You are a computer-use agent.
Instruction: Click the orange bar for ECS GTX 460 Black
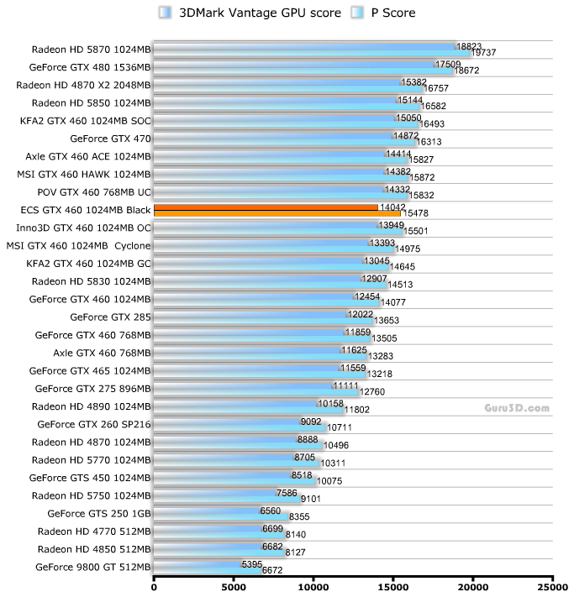tap(269, 210)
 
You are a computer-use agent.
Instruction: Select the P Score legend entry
tap(379, 13)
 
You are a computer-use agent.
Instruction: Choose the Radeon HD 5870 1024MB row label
tap(92, 49)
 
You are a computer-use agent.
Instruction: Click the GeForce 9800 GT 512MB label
tap(92, 568)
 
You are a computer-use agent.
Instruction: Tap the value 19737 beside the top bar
tap(484, 53)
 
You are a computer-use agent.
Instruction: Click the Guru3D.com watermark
tap(517, 408)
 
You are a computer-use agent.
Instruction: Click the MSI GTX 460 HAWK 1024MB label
tap(84, 175)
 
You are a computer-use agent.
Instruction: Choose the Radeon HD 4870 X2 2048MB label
tap(83, 85)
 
